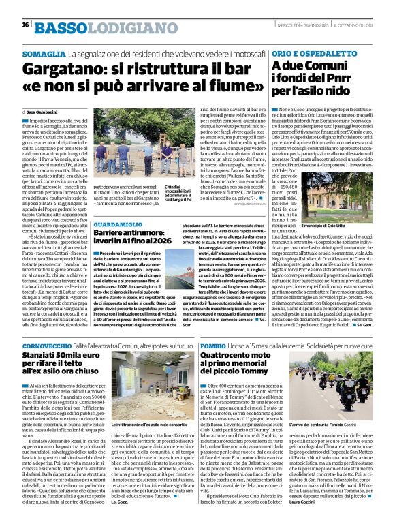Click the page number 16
[25, 25]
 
